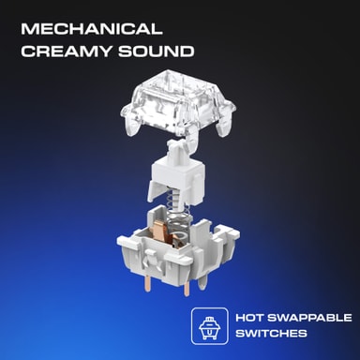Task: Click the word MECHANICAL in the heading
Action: pos(92,29)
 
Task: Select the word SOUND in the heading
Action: pos(156,52)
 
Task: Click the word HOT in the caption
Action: pos(249,318)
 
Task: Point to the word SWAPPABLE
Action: pos(309,318)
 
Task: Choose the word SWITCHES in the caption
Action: pos(271,333)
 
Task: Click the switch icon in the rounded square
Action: pos(210,327)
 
